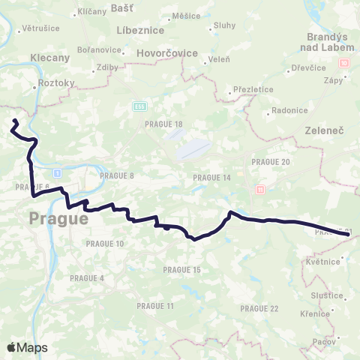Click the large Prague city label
click(58, 219)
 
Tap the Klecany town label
click(49, 57)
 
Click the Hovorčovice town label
click(167, 54)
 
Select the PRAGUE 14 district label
click(211, 177)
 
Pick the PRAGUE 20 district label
click(271, 161)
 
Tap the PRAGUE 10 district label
click(105, 244)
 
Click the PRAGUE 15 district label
click(182, 269)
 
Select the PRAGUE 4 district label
click(87, 277)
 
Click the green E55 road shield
click(139, 105)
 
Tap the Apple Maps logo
click(27, 347)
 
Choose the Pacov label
click(325, 340)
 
